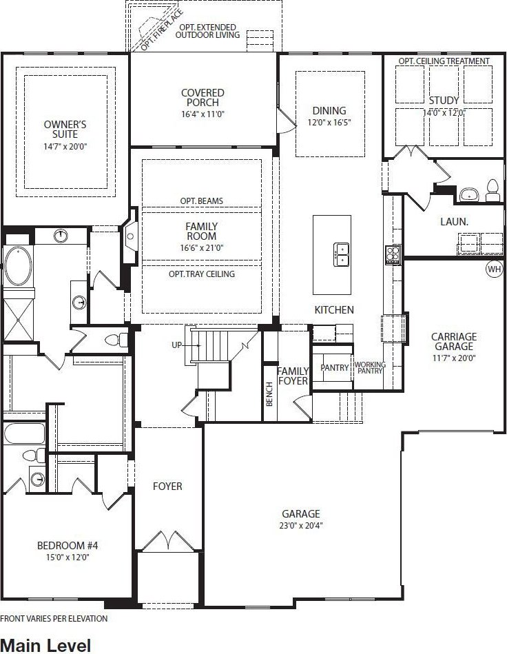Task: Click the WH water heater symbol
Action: tap(495, 269)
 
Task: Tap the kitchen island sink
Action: tap(342, 255)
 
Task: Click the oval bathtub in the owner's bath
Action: tap(19, 266)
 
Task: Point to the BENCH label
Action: tap(269, 394)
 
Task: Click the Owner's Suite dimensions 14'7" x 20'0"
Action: tap(65, 147)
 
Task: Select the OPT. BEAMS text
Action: tap(201, 201)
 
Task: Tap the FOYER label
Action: tap(167, 487)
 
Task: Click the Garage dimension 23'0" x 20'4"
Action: tap(301, 525)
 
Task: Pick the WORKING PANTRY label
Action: tap(370, 367)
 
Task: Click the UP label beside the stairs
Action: tap(177, 345)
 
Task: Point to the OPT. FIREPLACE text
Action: tap(162, 30)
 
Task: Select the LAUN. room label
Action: tap(455, 221)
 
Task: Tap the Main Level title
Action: tap(45, 645)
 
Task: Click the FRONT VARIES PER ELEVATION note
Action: tap(54, 619)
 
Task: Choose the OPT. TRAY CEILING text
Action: tap(202, 274)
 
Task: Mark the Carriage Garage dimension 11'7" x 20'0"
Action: tap(454, 358)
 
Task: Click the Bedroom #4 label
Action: tap(68, 546)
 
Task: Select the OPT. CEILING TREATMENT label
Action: tap(444, 61)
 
